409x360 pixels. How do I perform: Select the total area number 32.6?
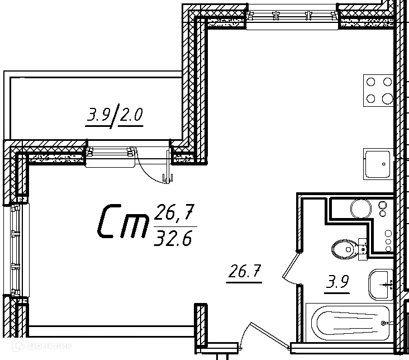pos(173,239)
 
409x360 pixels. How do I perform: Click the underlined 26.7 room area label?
pos(244,273)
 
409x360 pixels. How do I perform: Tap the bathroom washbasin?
pos(381,285)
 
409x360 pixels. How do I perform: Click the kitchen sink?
pos(378,164)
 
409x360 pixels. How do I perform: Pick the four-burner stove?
pos(378,91)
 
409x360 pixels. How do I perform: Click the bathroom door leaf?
pos(291,264)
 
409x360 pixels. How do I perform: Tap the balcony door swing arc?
pos(149,172)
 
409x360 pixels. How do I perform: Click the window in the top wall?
pos(292,16)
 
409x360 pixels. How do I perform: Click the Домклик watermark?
pos(42,345)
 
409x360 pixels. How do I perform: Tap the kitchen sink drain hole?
pos(384,164)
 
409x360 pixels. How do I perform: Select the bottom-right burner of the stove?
pos(387,99)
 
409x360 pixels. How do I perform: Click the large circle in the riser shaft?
pos(361,209)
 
